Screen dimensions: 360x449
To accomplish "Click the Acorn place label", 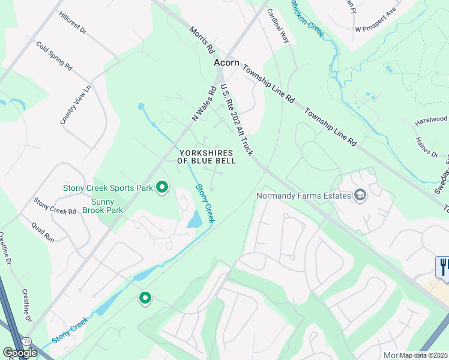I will (227, 62).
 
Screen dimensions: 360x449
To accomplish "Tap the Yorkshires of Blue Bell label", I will (206, 157).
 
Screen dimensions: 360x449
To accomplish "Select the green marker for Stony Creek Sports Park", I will (161, 188).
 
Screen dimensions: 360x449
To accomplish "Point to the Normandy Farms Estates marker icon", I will (360, 195).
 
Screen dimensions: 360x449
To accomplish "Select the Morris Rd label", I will (202, 40).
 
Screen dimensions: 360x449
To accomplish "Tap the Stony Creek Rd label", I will (55, 206).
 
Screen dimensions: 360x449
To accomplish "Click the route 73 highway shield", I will (28, 340).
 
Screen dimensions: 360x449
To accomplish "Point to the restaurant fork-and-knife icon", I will (443, 266).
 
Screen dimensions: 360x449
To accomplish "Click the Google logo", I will (20, 353).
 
